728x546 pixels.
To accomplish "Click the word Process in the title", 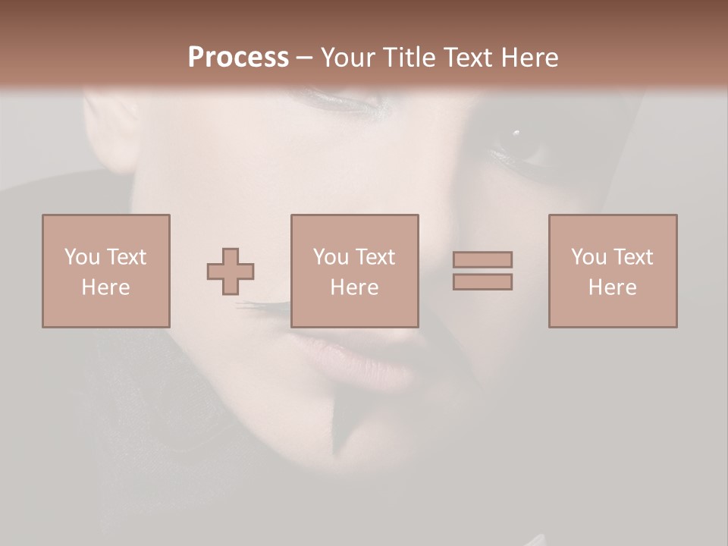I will [x=238, y=58].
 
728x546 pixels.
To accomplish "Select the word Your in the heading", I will [x=347, y=58].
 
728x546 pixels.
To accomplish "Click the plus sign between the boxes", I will [x=231, y=271].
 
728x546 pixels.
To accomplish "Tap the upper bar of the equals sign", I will [x=482, y=259].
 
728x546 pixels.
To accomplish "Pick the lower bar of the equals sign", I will [x=482, y=282].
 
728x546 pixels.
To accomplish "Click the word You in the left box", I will [x=82, y=257].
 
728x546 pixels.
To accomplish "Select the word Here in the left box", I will [x=105, y=287].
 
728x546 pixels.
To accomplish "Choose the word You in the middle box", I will [x=331, y=257].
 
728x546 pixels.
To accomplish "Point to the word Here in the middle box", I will [x=354, y=287].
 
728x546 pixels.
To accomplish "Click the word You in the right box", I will [x=588, y=257].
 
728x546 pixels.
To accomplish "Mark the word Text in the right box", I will [x=632, y=257].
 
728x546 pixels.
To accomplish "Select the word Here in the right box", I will [x=612, y=287].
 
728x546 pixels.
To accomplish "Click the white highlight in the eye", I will [x=516, y=133].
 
